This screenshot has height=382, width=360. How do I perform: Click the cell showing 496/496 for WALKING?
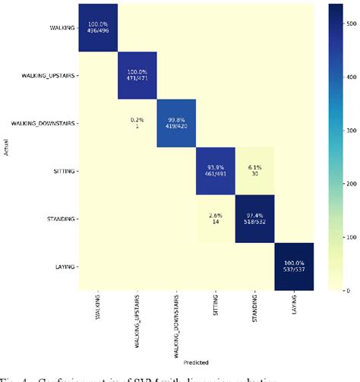tap(97, 27)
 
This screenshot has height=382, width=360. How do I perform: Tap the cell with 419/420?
tap(176, 122)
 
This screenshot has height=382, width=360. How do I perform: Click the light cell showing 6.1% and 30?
tap(254, 170)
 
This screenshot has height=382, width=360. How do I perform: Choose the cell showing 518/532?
tap(254, 218)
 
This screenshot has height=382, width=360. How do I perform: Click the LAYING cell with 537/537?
tap(294, 266)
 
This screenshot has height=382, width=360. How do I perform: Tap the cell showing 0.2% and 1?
tap(137, 122)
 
